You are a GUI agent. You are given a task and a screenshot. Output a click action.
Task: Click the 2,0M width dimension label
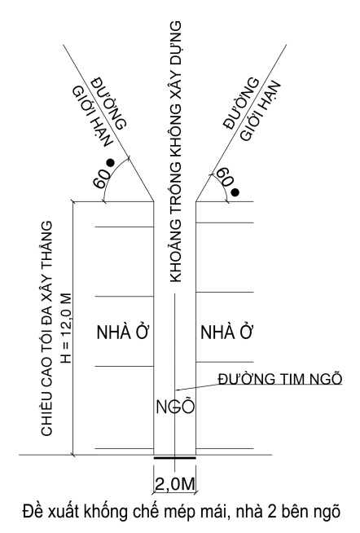pos(175,484)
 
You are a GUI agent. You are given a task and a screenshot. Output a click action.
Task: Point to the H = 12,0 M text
pos(66,328)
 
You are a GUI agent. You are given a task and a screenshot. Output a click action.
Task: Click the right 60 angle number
pos(225,176)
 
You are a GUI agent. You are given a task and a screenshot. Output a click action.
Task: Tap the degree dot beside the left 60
pos(110,163)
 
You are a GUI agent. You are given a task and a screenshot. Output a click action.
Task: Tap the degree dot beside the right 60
pos(235,192)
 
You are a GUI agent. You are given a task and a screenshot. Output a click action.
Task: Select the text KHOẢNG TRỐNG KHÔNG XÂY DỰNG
pos(175,152)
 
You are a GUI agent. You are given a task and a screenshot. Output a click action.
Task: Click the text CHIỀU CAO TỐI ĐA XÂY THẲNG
pos(47,328)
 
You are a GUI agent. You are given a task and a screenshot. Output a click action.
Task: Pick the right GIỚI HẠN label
pos(261,111)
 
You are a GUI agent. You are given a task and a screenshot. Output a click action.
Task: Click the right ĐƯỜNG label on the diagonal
pos(241,104)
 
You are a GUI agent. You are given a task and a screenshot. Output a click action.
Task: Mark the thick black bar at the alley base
pos(175,457)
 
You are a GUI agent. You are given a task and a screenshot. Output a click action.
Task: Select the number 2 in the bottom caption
pos(272,513)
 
